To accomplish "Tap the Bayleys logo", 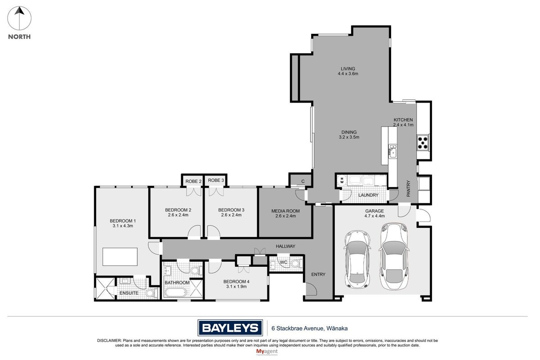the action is pos(230,328).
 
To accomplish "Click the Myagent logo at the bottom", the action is pos(267,352).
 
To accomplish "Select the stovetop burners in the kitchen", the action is pos(423,143).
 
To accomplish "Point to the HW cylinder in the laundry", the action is pos(342,180).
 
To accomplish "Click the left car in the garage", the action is pos(357,259).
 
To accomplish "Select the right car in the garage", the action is pos(394,256).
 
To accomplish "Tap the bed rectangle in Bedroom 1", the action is pos(120,257).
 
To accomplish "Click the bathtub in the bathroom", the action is pos(175,292).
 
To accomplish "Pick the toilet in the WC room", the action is pos(296,263).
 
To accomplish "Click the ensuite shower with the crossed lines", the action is pos(105,288).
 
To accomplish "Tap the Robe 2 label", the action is pos(193,181).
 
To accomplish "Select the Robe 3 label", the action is pos(216,180).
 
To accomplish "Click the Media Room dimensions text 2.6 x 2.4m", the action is pos(286,216).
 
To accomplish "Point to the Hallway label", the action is pos(286,246).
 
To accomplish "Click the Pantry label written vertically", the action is pos(408,189).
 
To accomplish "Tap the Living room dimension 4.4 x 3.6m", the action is pos(348,74).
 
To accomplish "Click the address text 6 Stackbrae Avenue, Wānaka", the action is pos(309,328).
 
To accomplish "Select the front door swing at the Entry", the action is pos(311,289).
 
